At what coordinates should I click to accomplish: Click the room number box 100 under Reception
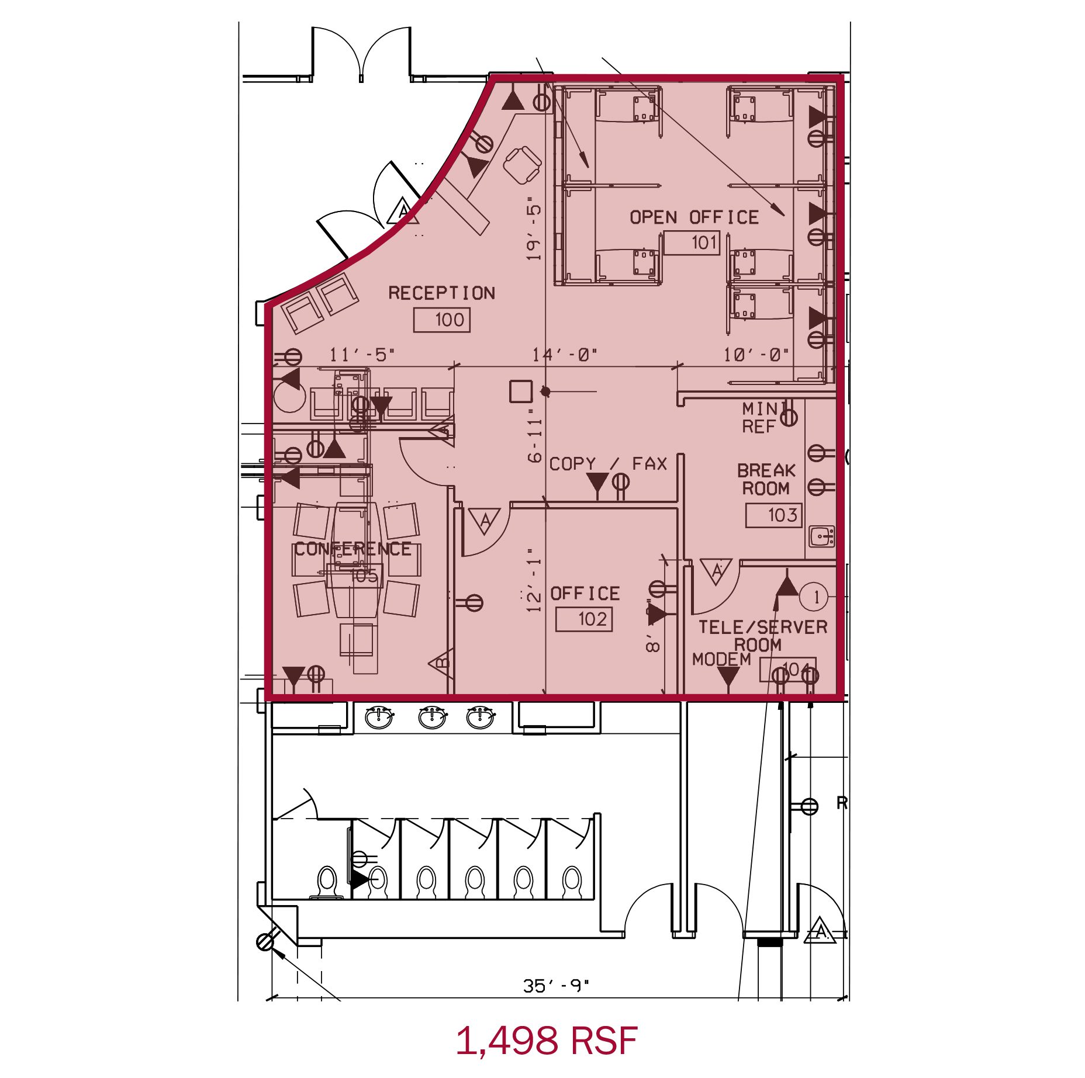tap(442, 320)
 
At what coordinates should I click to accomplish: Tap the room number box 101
tap(691, 242)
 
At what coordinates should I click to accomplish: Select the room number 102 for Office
tap(584, 619)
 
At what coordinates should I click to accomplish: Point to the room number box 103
tap(773, 515)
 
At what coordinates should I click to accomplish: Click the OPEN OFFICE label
tap(694, 217)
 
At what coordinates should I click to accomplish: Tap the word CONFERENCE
tap(353, 549)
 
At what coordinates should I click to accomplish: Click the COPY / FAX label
tap(608, 464)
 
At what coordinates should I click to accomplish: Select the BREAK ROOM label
tap(766, 479)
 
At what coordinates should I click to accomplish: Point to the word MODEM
tap(721, 660)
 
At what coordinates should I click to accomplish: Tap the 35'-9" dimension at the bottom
tap(556, 986)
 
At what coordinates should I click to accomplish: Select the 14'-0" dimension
tap(564, 355)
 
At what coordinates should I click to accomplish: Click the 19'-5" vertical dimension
tap(534, 231)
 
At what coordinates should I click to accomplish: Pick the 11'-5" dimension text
tap(362, 355)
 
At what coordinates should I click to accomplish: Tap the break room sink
tap(822, 535)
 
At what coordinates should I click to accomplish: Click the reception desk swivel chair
tap(522, 165)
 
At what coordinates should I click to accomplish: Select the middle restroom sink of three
tap(432, 717)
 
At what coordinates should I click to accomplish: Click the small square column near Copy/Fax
tap(520, 391)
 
